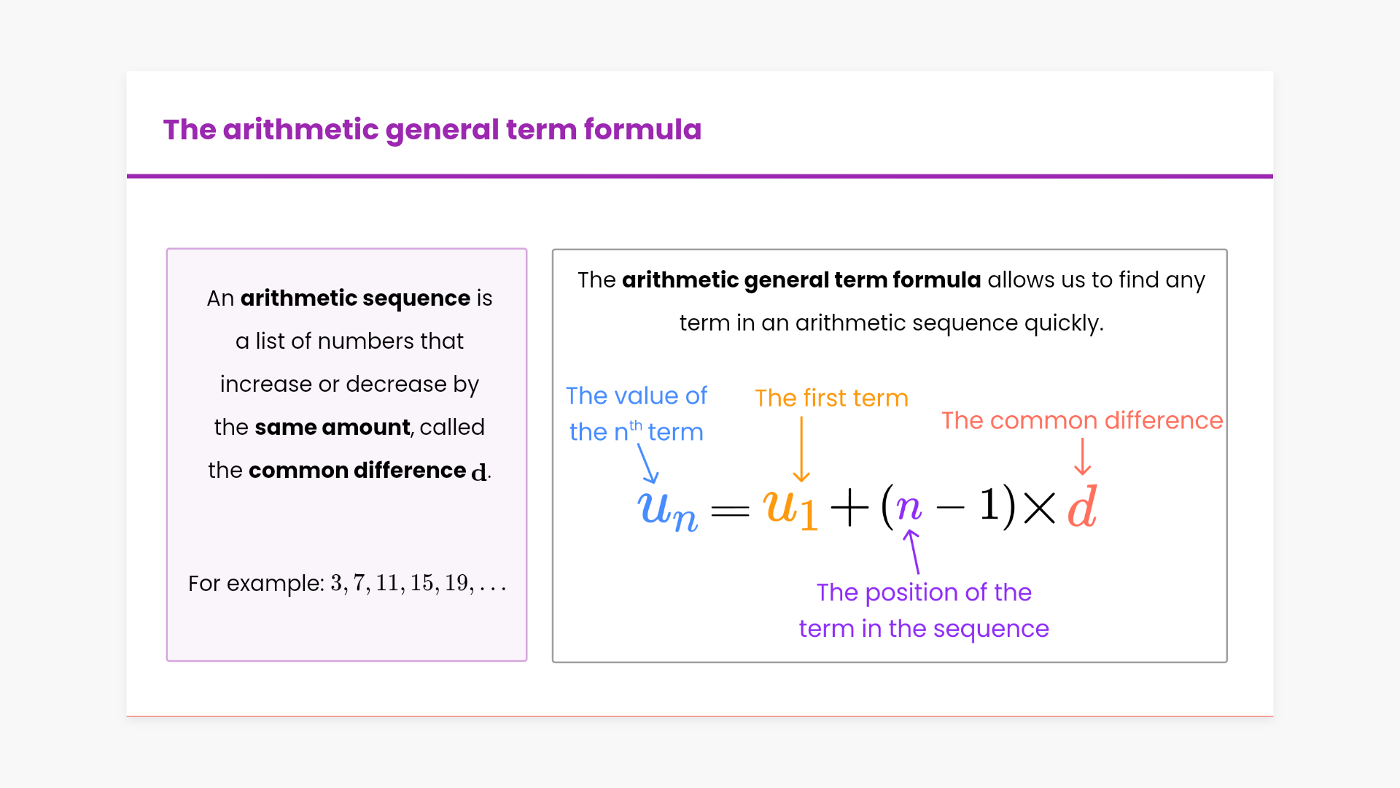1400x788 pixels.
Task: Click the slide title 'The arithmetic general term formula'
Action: (432, 130)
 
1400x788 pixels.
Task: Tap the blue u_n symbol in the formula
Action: (667, 509)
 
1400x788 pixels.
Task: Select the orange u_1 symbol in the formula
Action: (790, 508)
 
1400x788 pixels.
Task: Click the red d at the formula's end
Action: (1083, 506)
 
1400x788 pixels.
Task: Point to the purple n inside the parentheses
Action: (909, 506)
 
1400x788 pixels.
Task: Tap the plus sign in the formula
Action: (849, 507)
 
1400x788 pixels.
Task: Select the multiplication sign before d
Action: (1040, 507)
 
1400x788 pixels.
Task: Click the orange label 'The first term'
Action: (831, 398)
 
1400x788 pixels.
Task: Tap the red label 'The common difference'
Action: (1082, 420)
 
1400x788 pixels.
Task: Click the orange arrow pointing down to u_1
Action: (801, 449)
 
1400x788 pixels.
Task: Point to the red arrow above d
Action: (1083, 457)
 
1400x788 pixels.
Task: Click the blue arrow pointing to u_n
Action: (647, 463)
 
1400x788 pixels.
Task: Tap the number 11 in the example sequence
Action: (386, 583)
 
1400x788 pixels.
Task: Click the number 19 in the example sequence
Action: (456, 583)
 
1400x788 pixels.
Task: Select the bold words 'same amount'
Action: (332, 427)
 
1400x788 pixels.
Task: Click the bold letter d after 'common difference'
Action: (479, 472)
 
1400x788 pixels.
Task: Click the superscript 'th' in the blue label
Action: (636, 425)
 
